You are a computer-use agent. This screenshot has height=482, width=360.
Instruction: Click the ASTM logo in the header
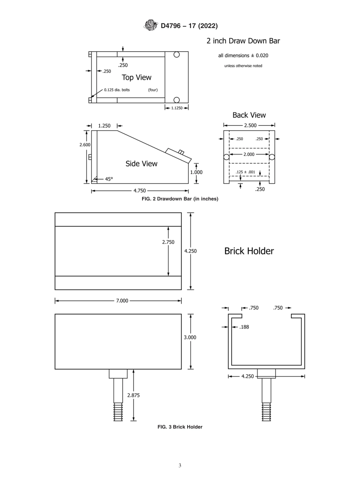coord(150,26)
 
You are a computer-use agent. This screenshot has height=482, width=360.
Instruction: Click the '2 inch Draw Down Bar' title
coord(243,41)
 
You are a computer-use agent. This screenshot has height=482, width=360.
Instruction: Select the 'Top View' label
coord(136,77)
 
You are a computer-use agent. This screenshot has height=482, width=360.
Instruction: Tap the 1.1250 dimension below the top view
coord(177,108)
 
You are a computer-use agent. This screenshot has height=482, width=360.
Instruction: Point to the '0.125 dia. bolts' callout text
coord(117,90)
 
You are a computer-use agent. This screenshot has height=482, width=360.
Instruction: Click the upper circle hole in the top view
coord(176,55)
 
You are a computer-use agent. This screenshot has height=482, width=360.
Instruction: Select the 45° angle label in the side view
coord(108,179)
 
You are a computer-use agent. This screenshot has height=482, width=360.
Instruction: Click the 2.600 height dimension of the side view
coord(85,145)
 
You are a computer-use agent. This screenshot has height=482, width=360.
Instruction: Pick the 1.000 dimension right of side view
coord(196,172)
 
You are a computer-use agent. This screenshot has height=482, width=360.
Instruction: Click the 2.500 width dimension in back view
coord(249,125)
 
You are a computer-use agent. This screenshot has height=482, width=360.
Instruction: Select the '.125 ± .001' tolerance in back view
coord(246,172)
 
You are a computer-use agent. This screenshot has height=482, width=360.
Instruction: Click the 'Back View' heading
coord(249,115)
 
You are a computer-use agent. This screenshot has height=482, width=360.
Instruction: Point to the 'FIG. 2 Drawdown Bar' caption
coord(180,199)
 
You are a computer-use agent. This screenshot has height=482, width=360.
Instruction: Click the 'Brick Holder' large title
coord(249,251)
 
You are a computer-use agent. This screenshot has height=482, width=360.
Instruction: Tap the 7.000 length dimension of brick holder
coord(122,300)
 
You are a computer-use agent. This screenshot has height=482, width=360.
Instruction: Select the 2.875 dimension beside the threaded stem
coord(133,395)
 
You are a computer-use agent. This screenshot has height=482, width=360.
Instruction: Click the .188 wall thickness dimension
coord(244,327)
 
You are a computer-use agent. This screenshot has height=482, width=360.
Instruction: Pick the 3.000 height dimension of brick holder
coord(190,337)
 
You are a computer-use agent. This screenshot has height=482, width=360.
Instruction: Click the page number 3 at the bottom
coord(180,466)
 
